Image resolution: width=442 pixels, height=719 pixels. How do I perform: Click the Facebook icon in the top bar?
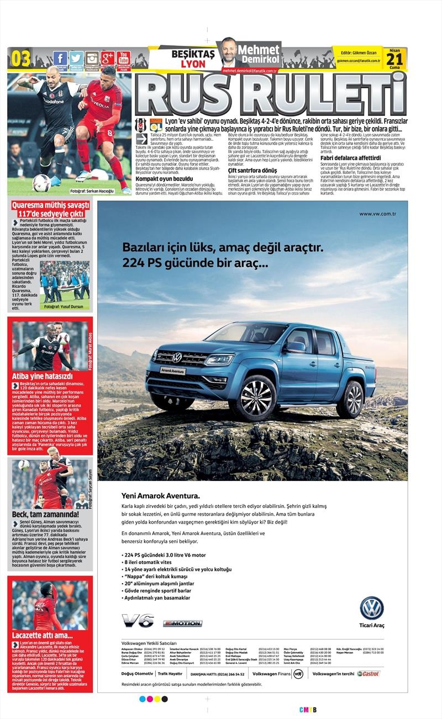pos(60,58)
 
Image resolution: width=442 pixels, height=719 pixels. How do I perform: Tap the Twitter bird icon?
pos(76,58)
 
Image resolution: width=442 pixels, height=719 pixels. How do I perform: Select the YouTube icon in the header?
pos(123,58)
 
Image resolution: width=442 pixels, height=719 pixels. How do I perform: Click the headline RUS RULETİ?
pos(271,94)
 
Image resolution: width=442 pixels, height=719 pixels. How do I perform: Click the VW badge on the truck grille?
pos(177,357)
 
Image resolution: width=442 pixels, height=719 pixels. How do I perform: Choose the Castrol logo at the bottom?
pos(369,673)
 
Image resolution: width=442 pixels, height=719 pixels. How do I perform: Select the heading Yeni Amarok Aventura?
pos(160,495)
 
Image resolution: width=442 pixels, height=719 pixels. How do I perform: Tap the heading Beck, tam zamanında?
pos(45,514)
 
